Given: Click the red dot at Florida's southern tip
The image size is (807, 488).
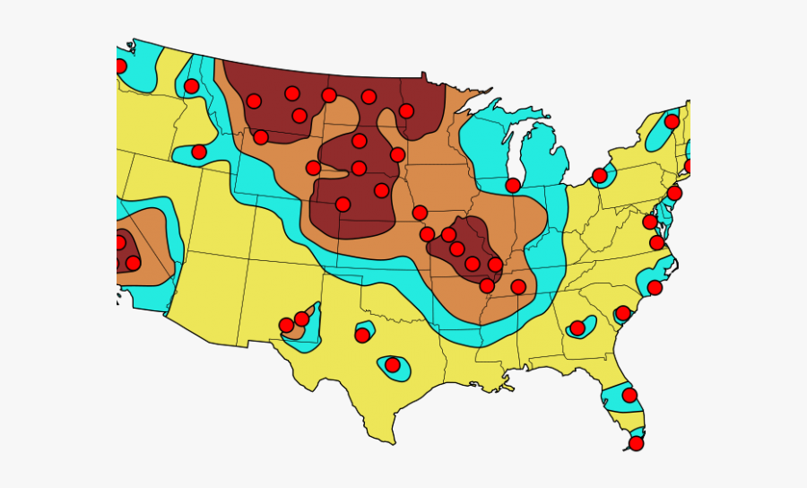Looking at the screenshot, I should (x=636, y=443).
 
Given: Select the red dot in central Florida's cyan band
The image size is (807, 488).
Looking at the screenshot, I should (x=629, y=395).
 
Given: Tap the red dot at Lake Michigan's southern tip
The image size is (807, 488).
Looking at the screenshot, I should (x=512, y=186).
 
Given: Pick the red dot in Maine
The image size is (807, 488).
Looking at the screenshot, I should (x=672, y=122).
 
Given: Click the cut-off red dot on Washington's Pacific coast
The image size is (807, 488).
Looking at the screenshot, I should (x=120, y=66).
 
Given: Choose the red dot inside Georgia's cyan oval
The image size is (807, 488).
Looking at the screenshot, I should (x=577, y=328).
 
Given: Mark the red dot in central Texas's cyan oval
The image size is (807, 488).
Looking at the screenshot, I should (x=392, y=365).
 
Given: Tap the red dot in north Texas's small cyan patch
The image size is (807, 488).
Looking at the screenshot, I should (x=362, y=335).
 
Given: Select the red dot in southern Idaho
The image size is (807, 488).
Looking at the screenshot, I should (x=199, y=152).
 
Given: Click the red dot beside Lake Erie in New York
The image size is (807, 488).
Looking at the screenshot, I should (x=599, y=175).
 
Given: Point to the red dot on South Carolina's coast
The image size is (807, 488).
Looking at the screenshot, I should (x=622, y=314).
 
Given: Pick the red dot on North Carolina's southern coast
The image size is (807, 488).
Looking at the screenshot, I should (x=655, y=287).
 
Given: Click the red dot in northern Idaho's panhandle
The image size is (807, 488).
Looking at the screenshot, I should (x=191, y=86).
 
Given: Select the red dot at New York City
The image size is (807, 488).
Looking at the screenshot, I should (x=674, y=193).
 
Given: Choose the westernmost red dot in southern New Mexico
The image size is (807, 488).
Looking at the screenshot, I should (x=286, y=325).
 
